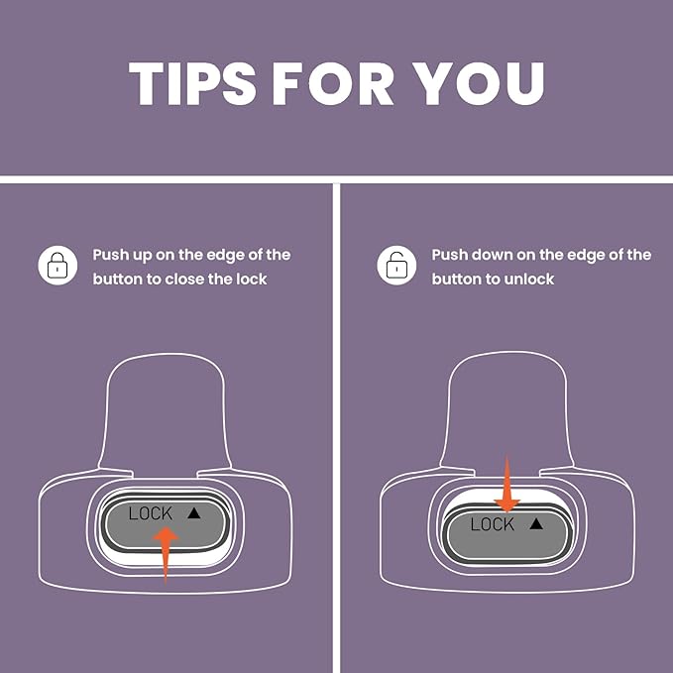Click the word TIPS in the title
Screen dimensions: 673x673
(x=192, y=83)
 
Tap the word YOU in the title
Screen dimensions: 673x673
(x=479, y=83)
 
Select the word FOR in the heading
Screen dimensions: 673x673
(x=333, y=83)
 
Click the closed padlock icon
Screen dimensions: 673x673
(x=57, y=266)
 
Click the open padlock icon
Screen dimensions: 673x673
(x=396, y=266)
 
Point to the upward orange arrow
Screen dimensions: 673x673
(x=166, y=555)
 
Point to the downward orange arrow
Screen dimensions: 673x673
(x=506, y=484)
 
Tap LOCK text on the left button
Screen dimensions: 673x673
(x=151, y=513)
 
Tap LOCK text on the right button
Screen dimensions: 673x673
(x=493, y=524)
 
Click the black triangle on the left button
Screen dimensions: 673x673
(x=194, y=512)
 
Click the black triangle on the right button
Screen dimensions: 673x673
(x=536, y=523)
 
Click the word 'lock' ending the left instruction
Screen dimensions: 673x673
(x=252, y=280)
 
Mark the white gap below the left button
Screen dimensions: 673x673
(x=167, y=558)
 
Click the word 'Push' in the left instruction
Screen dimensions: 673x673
(x=111, y=255)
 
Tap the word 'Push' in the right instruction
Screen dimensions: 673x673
(x=449, y=255)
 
